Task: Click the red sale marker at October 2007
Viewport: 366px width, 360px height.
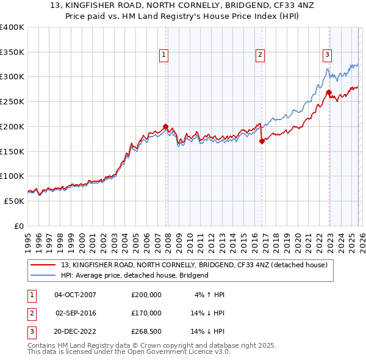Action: pyautogui.click(x=165, y=127)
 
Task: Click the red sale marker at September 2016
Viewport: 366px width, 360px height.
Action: pyautogui.click(x=262, y=141)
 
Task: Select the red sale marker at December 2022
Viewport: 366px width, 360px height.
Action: pyautogui.click(x=329, y=93)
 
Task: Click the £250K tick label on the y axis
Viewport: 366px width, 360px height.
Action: pyautogui.click(x=12, y=102)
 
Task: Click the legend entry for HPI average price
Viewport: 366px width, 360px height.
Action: pyautogui.click(x=134, y=275)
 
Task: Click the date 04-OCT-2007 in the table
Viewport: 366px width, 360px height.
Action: pyautogui.click(x=75, y=295)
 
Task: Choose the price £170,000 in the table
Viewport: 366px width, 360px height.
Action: pyautogui.click(x=146, y=313)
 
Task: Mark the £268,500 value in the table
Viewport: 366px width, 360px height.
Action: pyautogui.click(x=146, y=331)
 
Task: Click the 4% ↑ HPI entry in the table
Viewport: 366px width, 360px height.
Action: pyautogui.click(x=210, y=295)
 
